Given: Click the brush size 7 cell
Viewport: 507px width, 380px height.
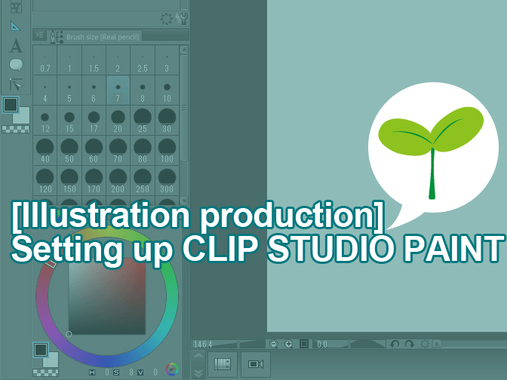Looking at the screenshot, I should click(117, 90).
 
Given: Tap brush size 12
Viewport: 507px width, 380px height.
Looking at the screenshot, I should click(45, 120).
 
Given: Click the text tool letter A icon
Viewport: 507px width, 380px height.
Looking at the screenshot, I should click(16, 46).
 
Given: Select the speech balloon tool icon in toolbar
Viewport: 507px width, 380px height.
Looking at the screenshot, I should click(16, 65).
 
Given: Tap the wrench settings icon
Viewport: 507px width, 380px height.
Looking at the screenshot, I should click(182, 18).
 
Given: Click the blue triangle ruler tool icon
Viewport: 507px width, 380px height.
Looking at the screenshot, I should click(16, 26).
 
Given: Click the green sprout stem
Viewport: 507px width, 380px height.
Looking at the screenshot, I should click(432, 173).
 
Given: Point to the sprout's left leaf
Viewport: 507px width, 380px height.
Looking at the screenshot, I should click(404, 133).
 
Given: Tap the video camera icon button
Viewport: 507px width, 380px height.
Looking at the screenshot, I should click(254, 364).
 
